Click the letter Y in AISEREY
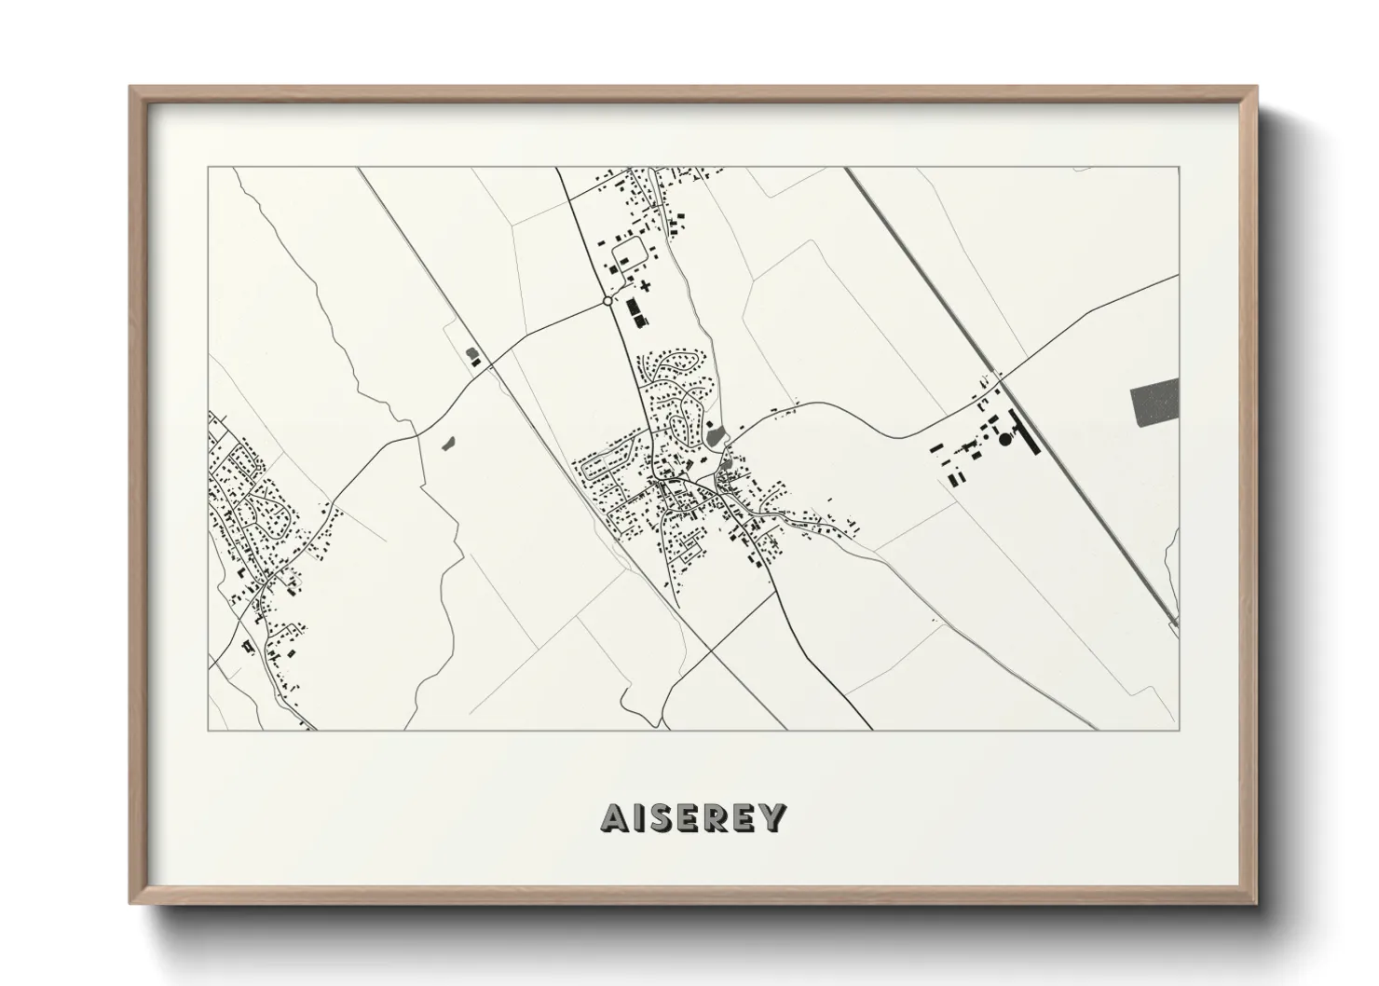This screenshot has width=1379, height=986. [x=772, y=817]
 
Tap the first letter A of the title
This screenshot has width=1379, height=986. [x=617, y=817]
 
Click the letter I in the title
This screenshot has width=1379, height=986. [x=641, y=817]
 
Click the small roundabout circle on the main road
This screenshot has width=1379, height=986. [x=608, y=301]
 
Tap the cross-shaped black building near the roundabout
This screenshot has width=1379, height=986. [x=644, y=284]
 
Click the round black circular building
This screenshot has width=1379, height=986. [x=1005, y=439]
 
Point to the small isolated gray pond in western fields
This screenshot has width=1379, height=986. [x=447, y=443]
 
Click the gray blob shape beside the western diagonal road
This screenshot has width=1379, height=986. [x=472, y=354]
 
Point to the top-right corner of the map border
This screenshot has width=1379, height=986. [x=1180, y=168]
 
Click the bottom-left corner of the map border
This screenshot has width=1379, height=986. [x=209, y=729]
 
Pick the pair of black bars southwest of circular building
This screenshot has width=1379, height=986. [x=954, y=476]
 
